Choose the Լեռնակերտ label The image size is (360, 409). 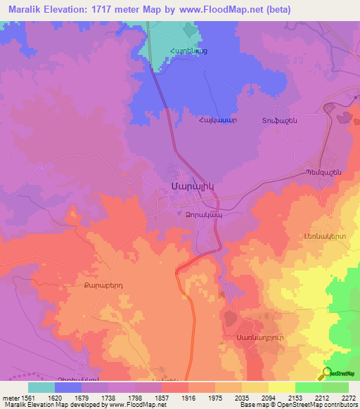pyautogui.click(x=325, y=237)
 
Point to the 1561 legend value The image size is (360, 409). pyautogui.click(x=30, y=397)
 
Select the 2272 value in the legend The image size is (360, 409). pyautogui.click(x=349, y=397)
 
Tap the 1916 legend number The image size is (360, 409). pyautogui.click(x=189, y=397)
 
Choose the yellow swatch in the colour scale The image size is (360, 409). pyautogui.click(x=282, y=387)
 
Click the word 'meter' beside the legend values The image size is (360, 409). pyautogui.click(x=11, y=397)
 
